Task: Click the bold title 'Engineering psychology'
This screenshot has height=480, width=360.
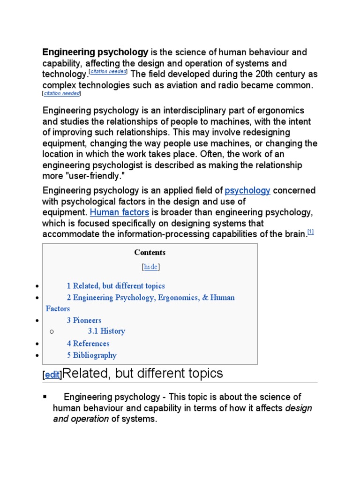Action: [95, 52]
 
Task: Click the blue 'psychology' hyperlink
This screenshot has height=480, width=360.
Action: [247, 190]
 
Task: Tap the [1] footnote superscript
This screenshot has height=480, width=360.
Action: [310, 232]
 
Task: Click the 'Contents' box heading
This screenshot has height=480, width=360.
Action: [150, 252]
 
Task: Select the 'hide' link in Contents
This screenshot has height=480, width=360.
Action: [150, 267]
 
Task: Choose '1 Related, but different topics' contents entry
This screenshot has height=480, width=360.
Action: [115, 286]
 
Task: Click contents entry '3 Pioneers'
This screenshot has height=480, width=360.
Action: [83, 321]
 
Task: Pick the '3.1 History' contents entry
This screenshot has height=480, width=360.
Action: [106, 331]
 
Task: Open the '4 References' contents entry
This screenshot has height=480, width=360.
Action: [88, 344]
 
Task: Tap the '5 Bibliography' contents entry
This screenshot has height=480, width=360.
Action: [91, 355]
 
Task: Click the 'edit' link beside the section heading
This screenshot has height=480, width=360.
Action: [52, 375]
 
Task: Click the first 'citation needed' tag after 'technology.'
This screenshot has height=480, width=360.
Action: [108, 72]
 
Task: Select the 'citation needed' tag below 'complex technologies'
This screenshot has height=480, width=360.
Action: [62, 93]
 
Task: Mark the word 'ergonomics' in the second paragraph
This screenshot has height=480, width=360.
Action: [281, 111]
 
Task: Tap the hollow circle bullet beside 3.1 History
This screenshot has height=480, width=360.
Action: [52, 331]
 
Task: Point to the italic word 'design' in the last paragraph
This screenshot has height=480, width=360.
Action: [299, 408]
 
